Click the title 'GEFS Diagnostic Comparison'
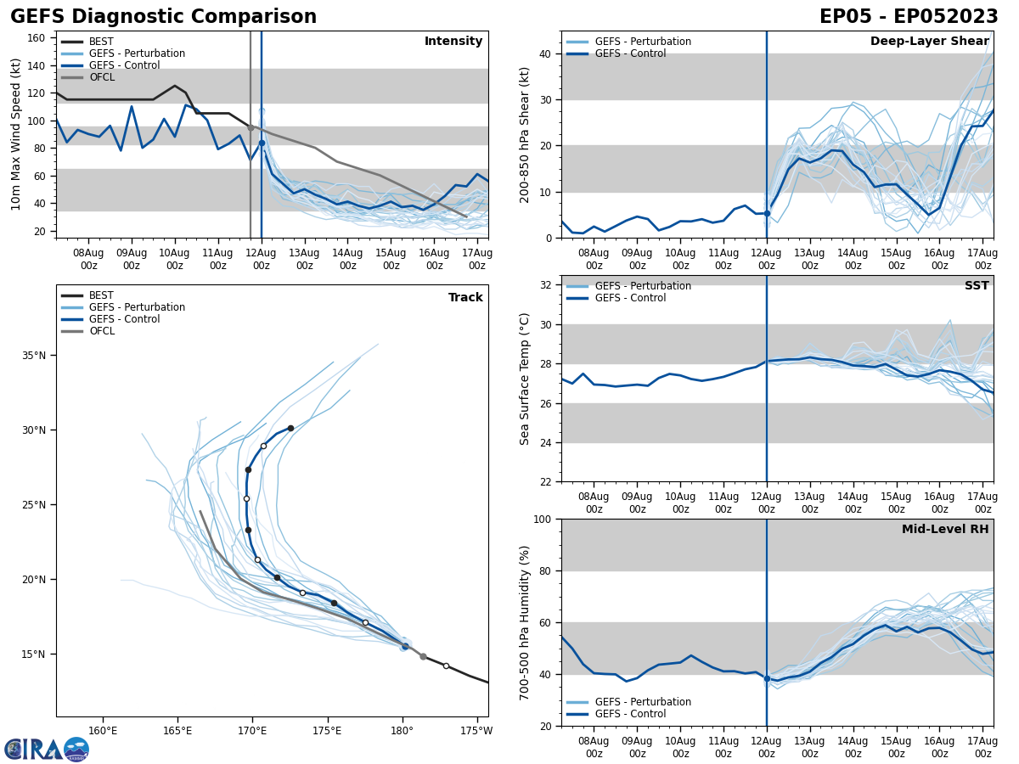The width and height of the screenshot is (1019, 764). (163, 17)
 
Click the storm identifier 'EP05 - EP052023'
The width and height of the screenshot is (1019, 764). (909, 17)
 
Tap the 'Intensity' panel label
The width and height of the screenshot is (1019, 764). (453, 42)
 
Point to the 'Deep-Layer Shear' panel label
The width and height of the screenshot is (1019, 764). (929, 42)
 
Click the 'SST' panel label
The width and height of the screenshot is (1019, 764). (976, 286)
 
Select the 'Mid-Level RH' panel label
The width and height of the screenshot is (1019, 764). (945, 530)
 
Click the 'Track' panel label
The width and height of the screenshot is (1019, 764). (465, 298)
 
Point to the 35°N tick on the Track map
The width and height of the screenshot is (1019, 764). (35, 356)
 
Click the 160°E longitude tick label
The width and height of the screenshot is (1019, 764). (103, 730)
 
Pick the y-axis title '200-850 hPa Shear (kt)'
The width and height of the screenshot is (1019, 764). (525, 134)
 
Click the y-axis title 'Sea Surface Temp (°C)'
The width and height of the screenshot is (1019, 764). (525, 379)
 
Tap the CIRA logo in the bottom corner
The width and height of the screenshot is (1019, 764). (47, 750)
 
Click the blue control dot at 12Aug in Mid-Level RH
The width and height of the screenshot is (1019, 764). (767, 678)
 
